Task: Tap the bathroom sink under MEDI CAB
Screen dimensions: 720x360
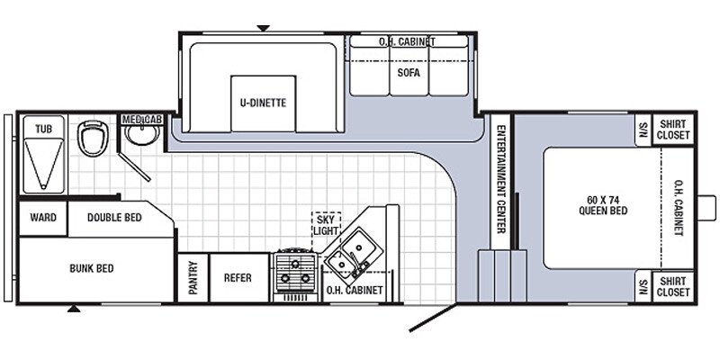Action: [x=142, y=134]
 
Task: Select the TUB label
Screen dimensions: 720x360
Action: [x=43, y=130]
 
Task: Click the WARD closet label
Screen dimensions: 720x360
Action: [x=43, y=217]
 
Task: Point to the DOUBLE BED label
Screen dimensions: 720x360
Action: [x=114, y=217]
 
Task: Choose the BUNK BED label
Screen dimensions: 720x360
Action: [x=92, y=268]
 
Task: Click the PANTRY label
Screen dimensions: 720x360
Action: [x=193, y=278]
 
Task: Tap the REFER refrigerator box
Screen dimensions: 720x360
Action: [x=238, y=278]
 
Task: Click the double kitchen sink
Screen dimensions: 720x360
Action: [x=351, y=256]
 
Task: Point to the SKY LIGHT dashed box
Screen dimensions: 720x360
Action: [x=326, y=223]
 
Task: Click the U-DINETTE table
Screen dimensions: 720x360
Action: [x=263, y=103]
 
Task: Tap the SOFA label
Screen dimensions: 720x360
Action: [x=409, y=73]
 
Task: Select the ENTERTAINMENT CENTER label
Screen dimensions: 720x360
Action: [x=501, y=179]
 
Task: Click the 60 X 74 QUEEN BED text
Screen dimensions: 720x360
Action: [x=603, y=205]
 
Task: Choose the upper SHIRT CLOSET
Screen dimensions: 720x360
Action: [x=673, y=130]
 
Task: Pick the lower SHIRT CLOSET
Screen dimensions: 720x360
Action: [x=673, y=286]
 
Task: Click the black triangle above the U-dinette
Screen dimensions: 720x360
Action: [x=263, y=29]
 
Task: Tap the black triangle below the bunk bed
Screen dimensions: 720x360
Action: [x=74, y=309]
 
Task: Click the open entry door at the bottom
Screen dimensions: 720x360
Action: [x=433, y=317]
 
